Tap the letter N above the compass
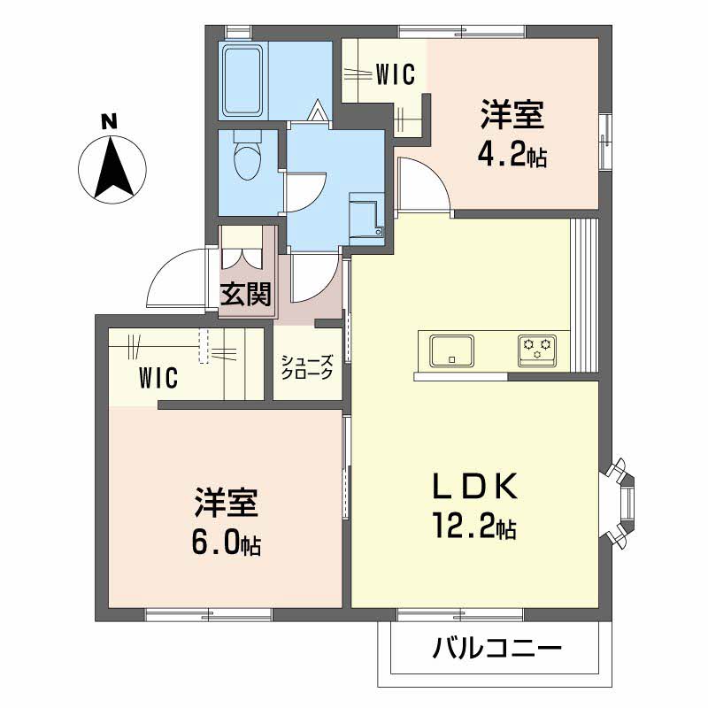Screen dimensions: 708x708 pos(108,121)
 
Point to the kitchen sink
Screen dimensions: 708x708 pos(451,350)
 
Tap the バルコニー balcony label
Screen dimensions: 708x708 pos(497,651)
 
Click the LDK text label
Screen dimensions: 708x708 pos(473,487)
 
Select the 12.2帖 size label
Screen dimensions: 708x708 pos(474,529)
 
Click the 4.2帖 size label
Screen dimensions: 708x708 pos(512,157)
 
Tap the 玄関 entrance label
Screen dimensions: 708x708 pos(245,294)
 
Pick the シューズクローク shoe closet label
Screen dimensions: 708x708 pos(307,367)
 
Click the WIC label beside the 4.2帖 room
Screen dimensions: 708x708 pos(395,75)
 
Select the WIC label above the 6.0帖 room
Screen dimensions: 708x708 pos(158,378)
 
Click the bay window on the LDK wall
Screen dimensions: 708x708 pos(625,501)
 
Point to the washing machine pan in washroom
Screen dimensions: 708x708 pos(365,216)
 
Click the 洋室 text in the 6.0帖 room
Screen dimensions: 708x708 pos(226,502)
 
